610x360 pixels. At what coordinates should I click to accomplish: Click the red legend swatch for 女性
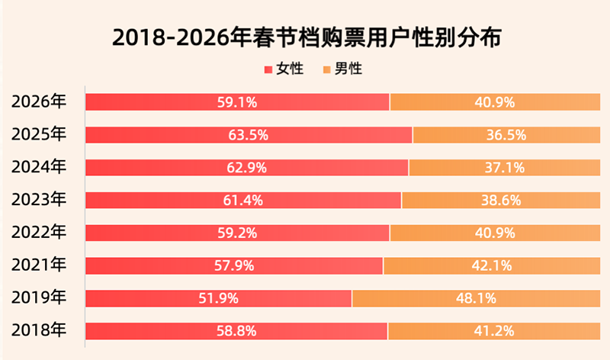pyautogui.click(x=268, y=69)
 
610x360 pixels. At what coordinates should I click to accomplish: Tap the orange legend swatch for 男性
pyautogui.click(x=328, y=69)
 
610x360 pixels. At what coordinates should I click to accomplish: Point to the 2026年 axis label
pyautogui.click(x=40, y=101)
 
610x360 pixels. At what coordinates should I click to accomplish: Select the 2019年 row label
pyautogui.click(x=40, y=297)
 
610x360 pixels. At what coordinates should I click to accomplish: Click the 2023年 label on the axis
pyautogui.click(x=40, y=200)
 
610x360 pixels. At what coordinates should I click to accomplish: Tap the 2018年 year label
pyautogui.click(x=40, y=330)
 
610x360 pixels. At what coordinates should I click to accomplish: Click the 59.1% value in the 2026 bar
pyautogui.click(x=236, y=102)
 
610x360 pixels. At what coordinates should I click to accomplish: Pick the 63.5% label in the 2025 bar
pyautogui.click(x=248, y=135)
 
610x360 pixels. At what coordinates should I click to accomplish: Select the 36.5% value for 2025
pyautogui.click(x=506, y=135)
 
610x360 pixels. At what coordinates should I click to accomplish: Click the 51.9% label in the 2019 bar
pyautogui.click(x=217, y=298)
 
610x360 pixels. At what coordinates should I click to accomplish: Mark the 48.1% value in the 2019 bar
pyautogui.click(x=477, y=298)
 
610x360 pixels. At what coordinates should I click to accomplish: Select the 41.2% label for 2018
pyautogui.click(x=494, y=331)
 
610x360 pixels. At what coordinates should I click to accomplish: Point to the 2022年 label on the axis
pyautogui.click(x=40, y=233)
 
